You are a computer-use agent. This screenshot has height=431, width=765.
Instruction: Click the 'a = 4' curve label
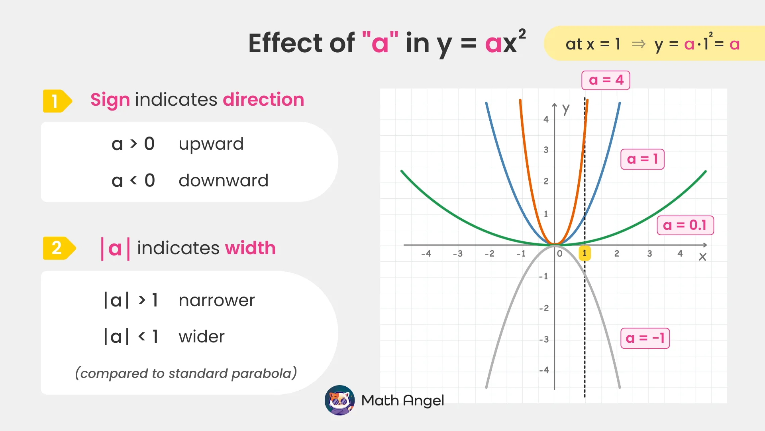tap(606, 80)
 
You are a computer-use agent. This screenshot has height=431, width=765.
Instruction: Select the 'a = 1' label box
tap(642, 159)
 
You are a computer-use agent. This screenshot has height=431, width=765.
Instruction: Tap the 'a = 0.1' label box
tap(685, 225)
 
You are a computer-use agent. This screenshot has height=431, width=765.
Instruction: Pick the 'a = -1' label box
tap(645, 338)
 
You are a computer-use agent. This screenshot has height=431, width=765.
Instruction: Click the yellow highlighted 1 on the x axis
tap(585, 253)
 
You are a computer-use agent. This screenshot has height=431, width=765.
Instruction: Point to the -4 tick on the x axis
tap(426, 254)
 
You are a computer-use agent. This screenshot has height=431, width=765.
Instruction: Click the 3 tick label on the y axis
tap(546, 150)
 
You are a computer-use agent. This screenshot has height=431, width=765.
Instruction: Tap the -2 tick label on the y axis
tap(544, 308)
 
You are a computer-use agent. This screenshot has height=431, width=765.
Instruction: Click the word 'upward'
tap(211, 144)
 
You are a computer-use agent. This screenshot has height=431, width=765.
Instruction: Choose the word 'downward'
tap(223, 181)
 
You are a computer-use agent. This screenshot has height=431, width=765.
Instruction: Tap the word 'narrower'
tap(216, 301)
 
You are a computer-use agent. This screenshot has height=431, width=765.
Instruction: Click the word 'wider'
tap(201, 337)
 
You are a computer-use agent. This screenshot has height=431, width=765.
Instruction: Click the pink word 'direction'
tap(263, 100)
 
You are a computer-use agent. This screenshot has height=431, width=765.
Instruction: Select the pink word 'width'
tap(250, 248)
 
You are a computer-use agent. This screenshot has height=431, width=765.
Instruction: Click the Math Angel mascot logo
tap(339, 400)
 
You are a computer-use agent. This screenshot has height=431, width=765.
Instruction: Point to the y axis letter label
tap(566, 109)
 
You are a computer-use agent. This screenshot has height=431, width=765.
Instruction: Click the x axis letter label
tap(702, 257)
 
